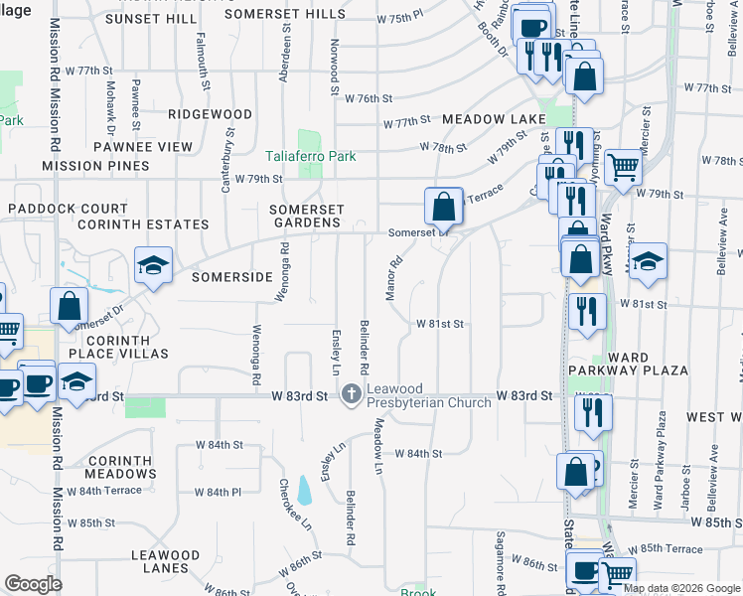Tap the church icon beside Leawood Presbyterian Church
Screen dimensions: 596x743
(351, 395)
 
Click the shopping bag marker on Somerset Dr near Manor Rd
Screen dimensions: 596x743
(443, 207)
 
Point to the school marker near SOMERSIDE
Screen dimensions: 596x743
(154, 265)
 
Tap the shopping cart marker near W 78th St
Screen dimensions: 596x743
(623, 167)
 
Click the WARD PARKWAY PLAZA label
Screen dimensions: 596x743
(628, 364)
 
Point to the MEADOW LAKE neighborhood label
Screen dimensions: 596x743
(494, 119)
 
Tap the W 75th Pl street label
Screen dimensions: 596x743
(400, 19)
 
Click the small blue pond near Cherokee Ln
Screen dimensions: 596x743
(304, 490)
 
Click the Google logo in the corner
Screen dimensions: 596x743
(33, 584)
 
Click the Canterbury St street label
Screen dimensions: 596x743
(228, 159)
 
